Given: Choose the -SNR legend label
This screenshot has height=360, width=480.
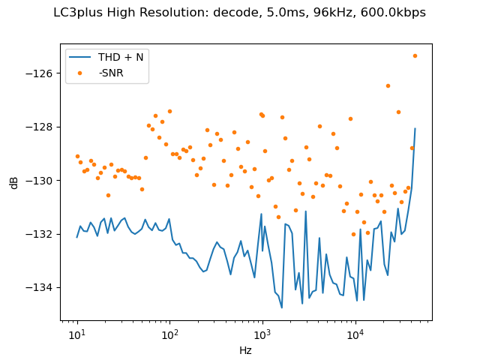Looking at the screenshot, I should click(x=110, y=72).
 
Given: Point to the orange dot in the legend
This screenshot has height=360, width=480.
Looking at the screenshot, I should click(x=82, y=72).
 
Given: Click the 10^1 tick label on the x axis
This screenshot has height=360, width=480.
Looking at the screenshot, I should click(x=76, y=333).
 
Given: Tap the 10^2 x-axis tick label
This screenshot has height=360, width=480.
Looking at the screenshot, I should click(x=169, y=333).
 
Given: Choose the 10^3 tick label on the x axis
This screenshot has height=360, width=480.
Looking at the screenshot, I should click(x=262, y=333).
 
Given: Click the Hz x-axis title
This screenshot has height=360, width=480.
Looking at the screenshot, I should click(x=245, y=349).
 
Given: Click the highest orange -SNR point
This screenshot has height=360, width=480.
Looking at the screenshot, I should click(x=415, y=56).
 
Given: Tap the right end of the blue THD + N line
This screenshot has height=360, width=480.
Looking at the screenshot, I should click(x=415, y=128).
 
